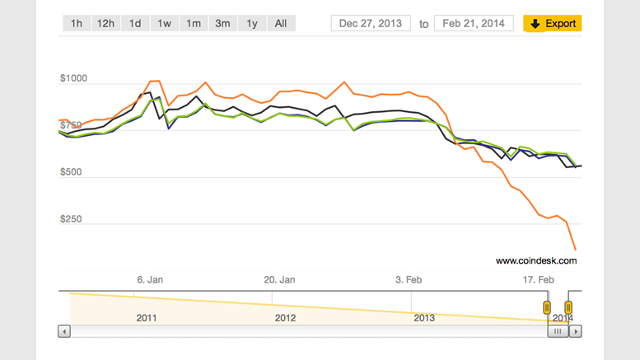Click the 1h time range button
(77, 23)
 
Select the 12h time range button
(105, 23)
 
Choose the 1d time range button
(135, 23)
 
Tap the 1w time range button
(164, 23)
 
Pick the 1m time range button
(194, 23)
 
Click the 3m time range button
(222, 23)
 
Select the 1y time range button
(251, 23)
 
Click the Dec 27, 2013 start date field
(370, 23)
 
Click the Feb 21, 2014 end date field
(474, 23)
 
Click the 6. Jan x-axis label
(150, 279)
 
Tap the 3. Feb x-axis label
(409, 279)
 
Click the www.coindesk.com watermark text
(536, 260)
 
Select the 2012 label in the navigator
(285, 317)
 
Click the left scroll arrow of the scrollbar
(64, 331)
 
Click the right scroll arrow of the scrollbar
(576, 331)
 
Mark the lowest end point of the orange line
(575, 249)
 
